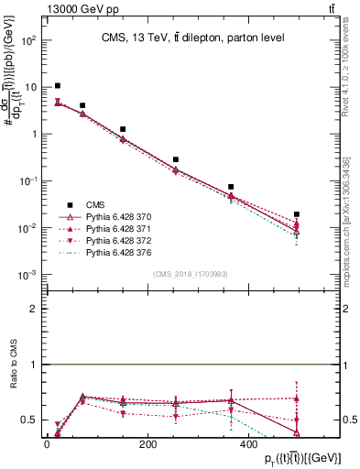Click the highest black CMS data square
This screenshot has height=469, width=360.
point(58,86)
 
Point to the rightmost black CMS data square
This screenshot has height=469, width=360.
point(296,214)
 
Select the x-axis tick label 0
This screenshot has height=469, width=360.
point(47,445)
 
